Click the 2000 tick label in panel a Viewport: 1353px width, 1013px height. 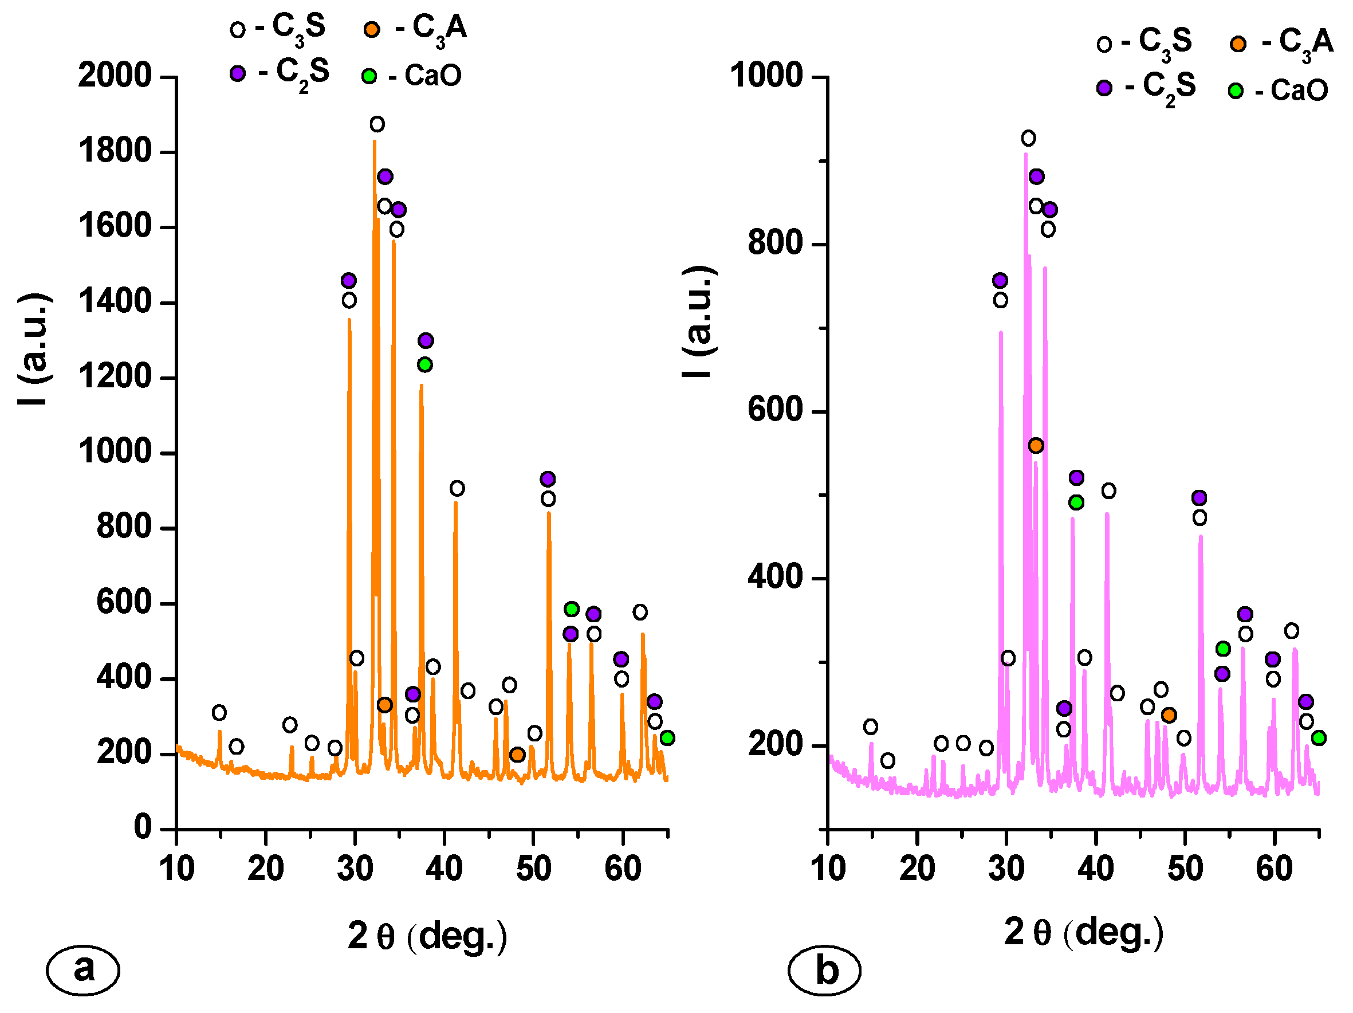(x=115, y=76)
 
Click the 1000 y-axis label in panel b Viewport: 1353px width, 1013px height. (x=766, y=76)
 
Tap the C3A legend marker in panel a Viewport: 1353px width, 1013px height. (x=372, y=29)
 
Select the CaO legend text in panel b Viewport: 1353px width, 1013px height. (x=1299, y=91)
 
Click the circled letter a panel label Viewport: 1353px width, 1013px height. (x=83, y=969)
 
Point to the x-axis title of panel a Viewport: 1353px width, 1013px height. (x=427, y=936)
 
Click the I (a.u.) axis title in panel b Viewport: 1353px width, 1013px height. (x=698, y=322)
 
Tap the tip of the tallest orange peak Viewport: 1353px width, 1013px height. (x=375, y=142)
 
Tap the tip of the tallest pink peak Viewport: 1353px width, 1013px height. (x=1026, y=154)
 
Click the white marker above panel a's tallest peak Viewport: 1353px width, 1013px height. (x=377, y=125)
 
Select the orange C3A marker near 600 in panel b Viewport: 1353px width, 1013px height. (x=1036, y=446)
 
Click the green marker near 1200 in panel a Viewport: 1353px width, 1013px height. (x=425, y=365)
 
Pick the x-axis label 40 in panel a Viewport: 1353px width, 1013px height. (x=444, y=869)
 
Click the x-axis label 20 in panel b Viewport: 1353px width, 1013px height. (x=917, y=869)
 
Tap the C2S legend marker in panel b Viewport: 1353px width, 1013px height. (x=1104, y=88)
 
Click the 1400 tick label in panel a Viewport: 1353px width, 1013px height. (x=115, y=302)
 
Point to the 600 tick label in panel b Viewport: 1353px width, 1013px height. (x=775, y=410)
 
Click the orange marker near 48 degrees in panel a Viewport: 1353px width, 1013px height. (x=517, y=755)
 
